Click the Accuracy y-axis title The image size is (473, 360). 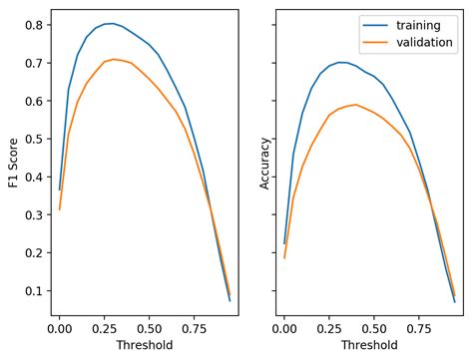click(264, 164)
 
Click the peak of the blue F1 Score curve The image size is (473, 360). click(112, 23)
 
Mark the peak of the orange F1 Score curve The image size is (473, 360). click(114, 59)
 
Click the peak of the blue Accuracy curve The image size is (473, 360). click(340, 62)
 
